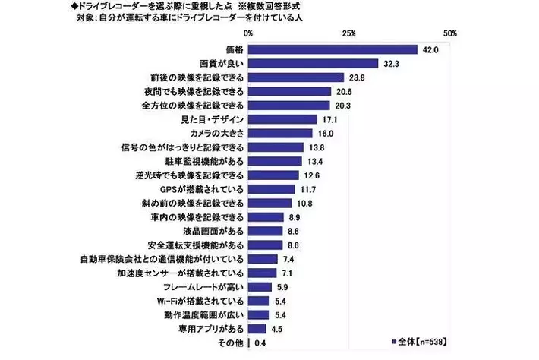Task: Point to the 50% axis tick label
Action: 449,34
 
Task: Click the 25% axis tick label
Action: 349,34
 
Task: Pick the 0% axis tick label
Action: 249,34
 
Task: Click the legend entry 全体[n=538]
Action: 421,341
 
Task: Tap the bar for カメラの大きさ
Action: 281,133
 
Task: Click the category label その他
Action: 232,343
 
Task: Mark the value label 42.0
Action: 431,49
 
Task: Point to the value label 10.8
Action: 304,204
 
